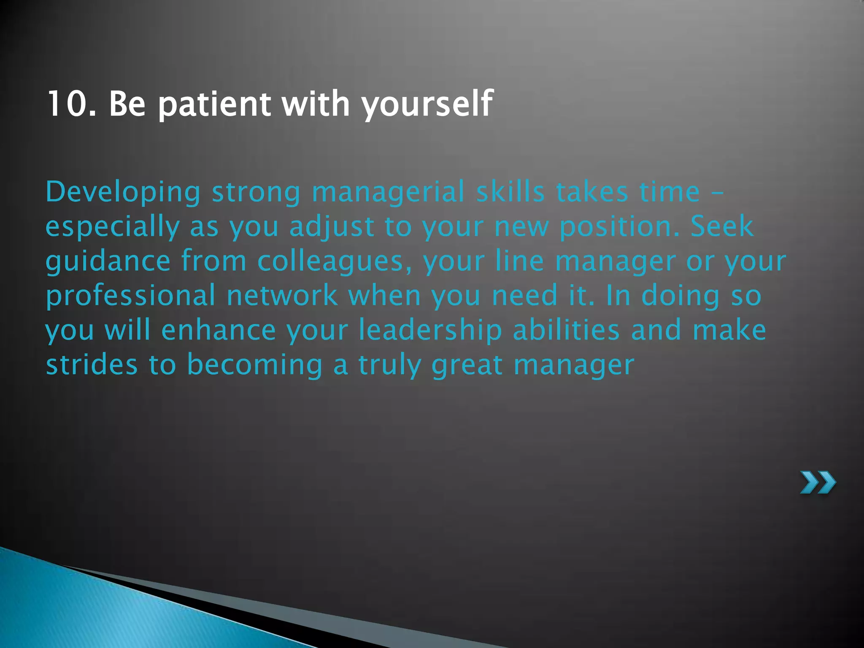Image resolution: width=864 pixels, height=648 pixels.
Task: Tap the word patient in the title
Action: point(214,104)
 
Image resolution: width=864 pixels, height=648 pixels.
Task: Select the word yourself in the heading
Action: point(427,104)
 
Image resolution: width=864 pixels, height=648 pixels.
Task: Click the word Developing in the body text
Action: point(123,192)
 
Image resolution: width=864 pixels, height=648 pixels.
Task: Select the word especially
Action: point(112,227)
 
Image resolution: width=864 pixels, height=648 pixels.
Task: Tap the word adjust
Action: point(332,227)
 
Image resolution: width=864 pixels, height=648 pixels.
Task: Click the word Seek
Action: point(722,226)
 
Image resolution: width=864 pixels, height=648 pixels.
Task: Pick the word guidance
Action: point(108,262)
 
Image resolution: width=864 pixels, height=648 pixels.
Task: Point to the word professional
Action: point(131,296)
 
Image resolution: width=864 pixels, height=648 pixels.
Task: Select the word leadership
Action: point(430,331)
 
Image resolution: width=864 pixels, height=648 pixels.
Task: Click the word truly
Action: point(390,365)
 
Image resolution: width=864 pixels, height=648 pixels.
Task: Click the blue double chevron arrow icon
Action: point(818,482)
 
